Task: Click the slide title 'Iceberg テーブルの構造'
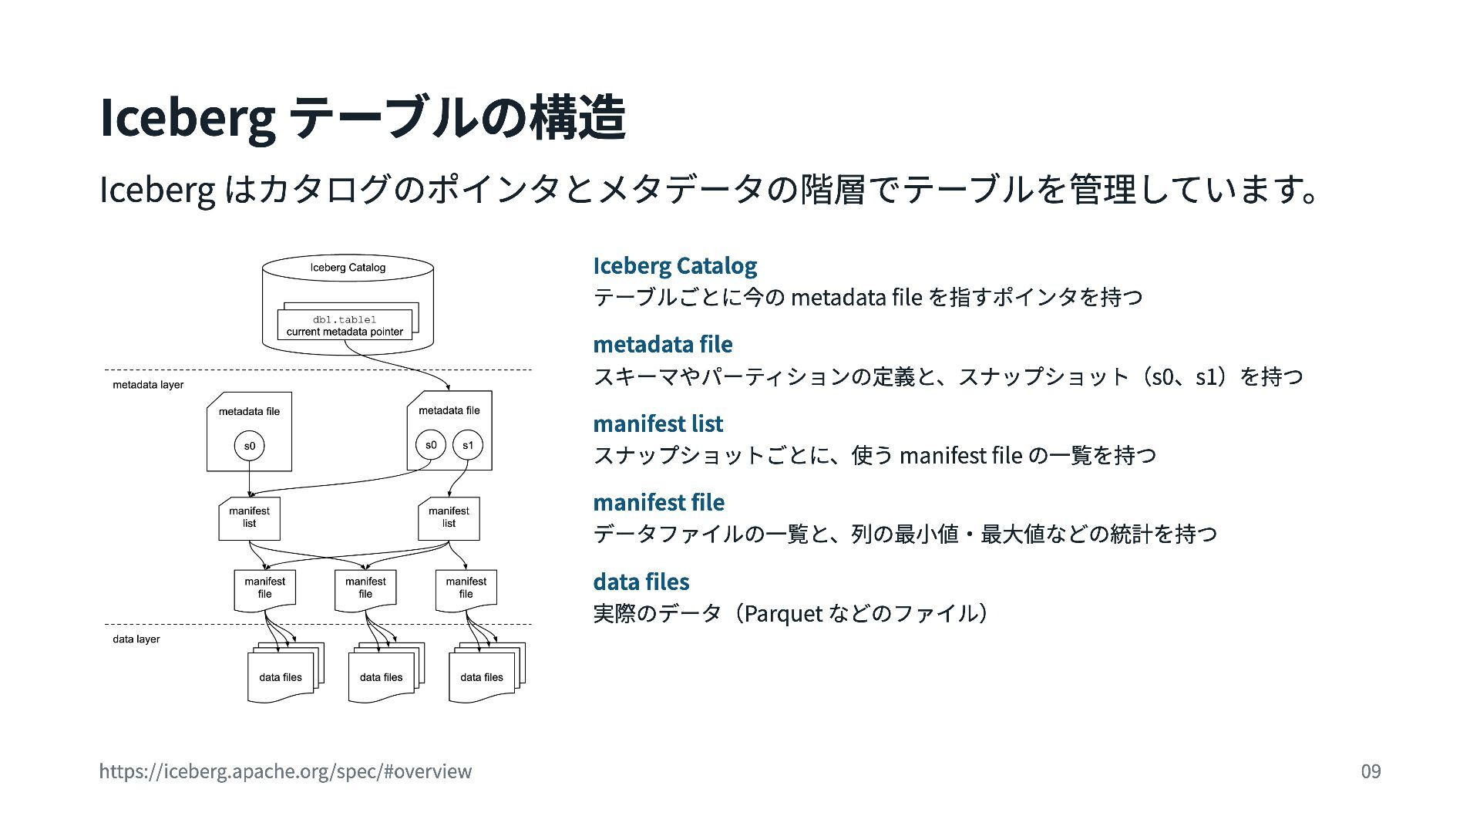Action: click(362, 118)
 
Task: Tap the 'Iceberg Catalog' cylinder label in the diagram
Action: click(348, 268)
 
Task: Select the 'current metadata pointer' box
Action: click(345, 325)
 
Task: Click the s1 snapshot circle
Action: click(468, 445)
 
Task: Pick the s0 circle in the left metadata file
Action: click(249, 446)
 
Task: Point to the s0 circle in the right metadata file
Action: click(431, 445)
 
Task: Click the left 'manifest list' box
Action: click(249, 518)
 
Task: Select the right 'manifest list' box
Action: click(449, 518)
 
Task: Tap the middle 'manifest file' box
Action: click(365, 590)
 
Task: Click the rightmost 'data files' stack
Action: click(486, 673)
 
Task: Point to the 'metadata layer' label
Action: click(148, 385)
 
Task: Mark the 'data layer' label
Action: click(136, 639)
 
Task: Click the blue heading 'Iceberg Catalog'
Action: click(675, 265)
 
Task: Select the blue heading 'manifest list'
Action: click(658, 423)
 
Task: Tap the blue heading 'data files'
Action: click(641, 582)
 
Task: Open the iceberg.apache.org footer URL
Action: click(285, 771)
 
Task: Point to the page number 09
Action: click(1371, 771)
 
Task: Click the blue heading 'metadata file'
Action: click(663, 344)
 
